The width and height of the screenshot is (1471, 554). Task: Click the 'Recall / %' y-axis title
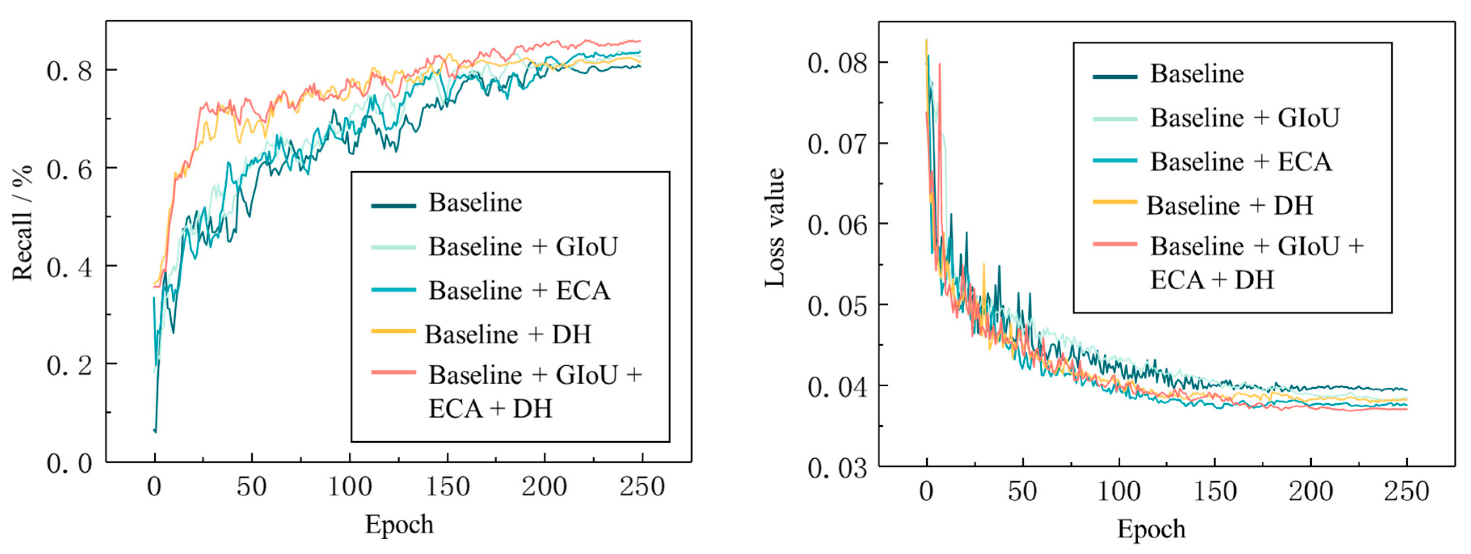coord(23,223)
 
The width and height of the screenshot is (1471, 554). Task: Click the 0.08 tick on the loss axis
coord(837,63)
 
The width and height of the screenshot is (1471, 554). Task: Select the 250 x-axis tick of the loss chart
coord(1406,491)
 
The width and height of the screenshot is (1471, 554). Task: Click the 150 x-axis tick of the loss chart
coord(1215,491)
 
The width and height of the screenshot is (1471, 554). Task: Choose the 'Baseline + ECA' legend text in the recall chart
coord(519,290)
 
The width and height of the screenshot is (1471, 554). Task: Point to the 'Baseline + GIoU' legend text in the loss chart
coord(1244,118)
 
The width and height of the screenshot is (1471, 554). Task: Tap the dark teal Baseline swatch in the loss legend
coord(1115,76)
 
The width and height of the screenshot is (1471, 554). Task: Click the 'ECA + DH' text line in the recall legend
coord(490,409)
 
